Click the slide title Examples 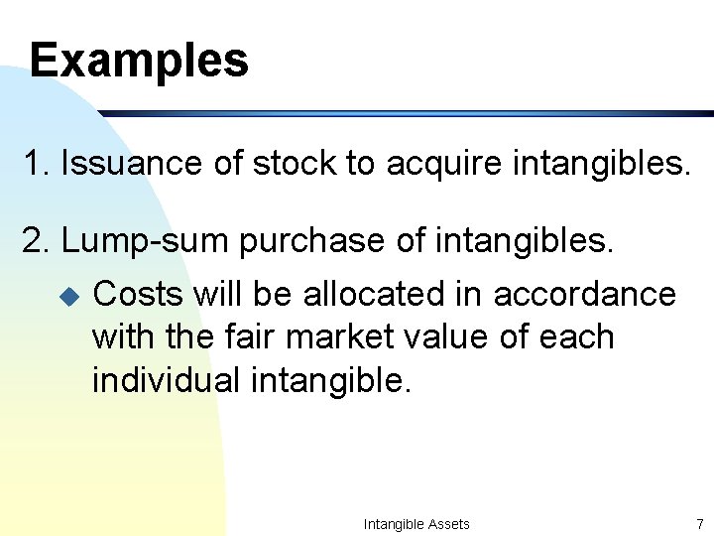[x=139, y=60]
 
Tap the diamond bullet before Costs [x=67, y=296]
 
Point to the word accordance [x=584, y=294]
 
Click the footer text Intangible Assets [x=416, y=524]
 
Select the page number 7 [x=699, y=524]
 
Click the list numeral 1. [x=32, y=164]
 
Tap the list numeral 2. [x=32, y=241]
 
